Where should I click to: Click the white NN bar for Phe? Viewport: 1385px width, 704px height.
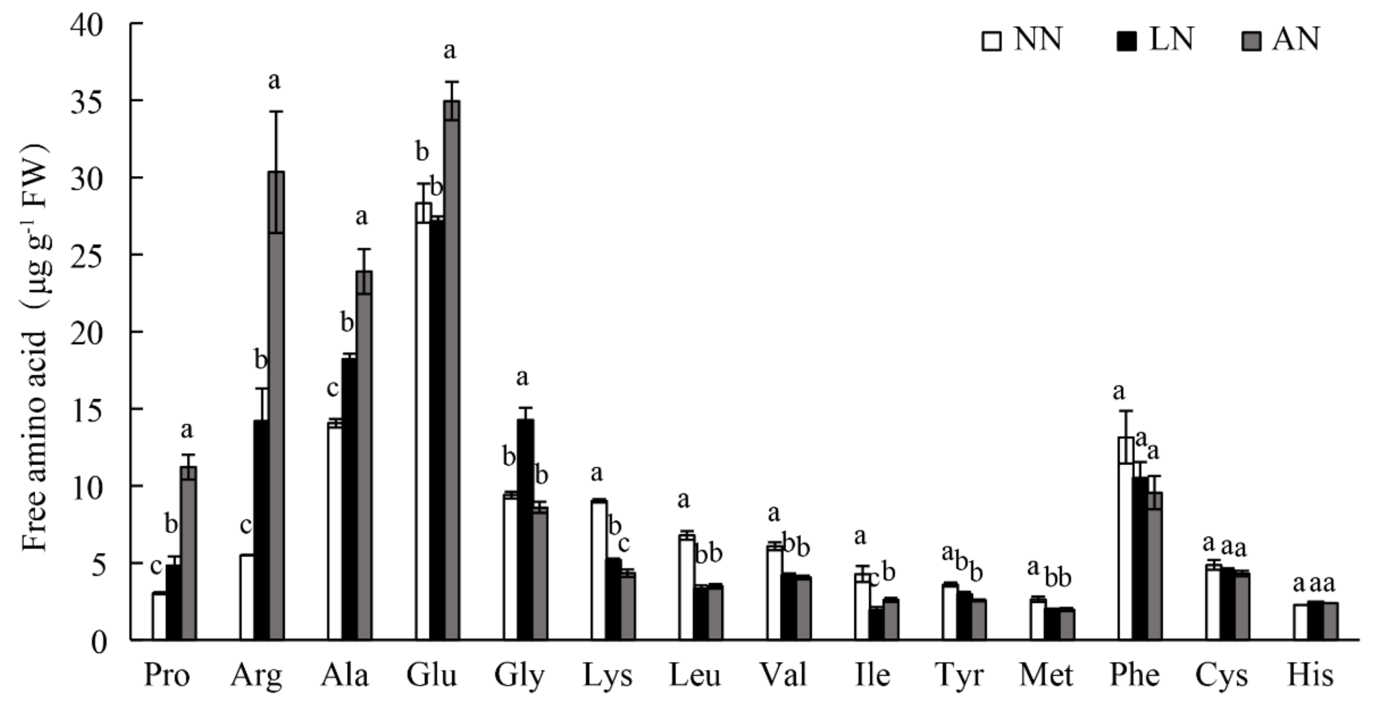click(1126, 538)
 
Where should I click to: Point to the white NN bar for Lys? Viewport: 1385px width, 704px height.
click(599, 570)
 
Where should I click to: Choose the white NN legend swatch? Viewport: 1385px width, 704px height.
click(991, 41)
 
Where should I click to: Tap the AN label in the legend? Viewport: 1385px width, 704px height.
click(1295, 40)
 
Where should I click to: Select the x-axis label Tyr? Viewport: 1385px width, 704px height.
click(959, 675)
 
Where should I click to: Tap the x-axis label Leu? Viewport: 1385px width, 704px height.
click(695, 675)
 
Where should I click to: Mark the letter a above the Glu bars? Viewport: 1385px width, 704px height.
click(450, 51)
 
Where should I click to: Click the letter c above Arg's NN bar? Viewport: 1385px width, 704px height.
click(246, 526)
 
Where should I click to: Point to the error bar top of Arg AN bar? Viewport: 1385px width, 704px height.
click(276, 111)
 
